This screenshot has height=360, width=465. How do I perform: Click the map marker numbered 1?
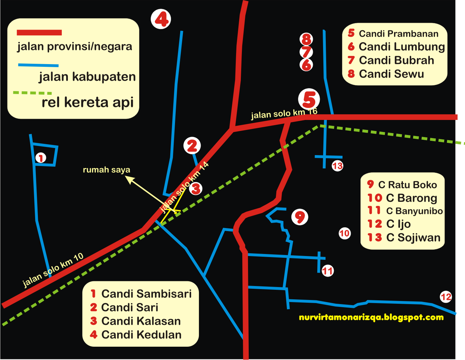(x=41, y=158)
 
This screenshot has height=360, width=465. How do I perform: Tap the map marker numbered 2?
(x=192, y=146)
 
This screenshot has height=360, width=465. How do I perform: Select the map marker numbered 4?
(x=161, y=19)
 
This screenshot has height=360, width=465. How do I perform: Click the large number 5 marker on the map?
(x=309, y=99)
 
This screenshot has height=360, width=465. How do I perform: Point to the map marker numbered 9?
(x=300, y=217)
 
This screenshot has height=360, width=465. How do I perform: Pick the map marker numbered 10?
(x=345, y=233)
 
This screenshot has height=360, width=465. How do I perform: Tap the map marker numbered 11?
(x=328, y=271)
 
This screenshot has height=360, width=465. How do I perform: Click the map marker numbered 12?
(x=446, y=297)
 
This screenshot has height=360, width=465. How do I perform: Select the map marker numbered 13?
(x=337, y=166)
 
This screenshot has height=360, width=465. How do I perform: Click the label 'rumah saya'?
(x=106, y=170)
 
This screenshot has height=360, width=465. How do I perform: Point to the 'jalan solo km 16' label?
(x=284, y=114)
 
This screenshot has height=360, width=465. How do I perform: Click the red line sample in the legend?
(x=39, y=33)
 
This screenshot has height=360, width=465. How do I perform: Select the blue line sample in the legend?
(x=38, y=65)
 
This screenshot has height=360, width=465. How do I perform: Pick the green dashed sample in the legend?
(x=32, y=92)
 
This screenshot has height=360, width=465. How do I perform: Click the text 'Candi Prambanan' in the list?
(x=398, y=34)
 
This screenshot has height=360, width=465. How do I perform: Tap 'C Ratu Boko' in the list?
(x=407, y=185)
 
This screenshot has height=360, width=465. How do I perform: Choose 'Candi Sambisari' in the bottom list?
(x=146, y=294)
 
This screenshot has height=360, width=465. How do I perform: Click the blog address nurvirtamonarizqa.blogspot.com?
(x=371, y=318)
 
